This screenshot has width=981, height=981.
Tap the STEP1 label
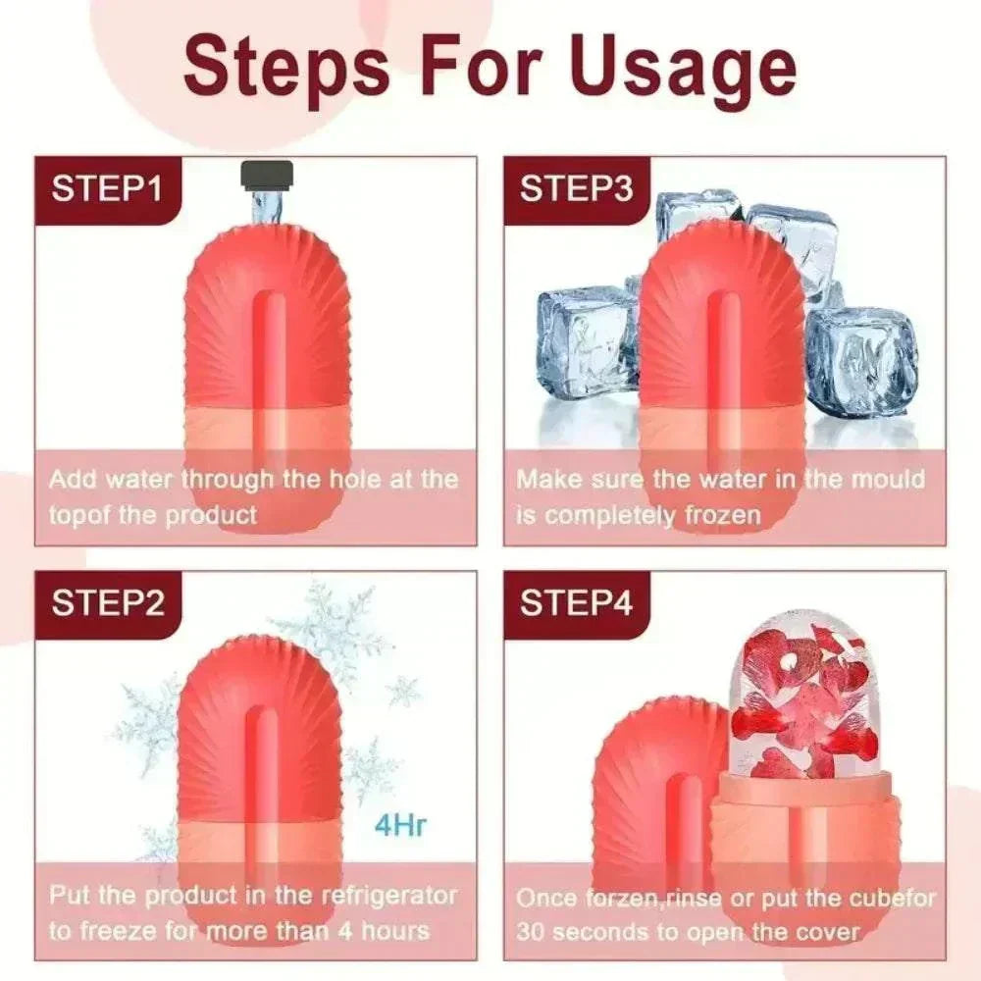[x=107, y=188]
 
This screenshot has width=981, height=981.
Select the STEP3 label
[x=576, y=188]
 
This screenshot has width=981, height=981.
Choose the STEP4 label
[x=576, y=603]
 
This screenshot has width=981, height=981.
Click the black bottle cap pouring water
[x=268, y=176]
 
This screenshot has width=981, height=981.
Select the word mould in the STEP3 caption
[x=889, y=479]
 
